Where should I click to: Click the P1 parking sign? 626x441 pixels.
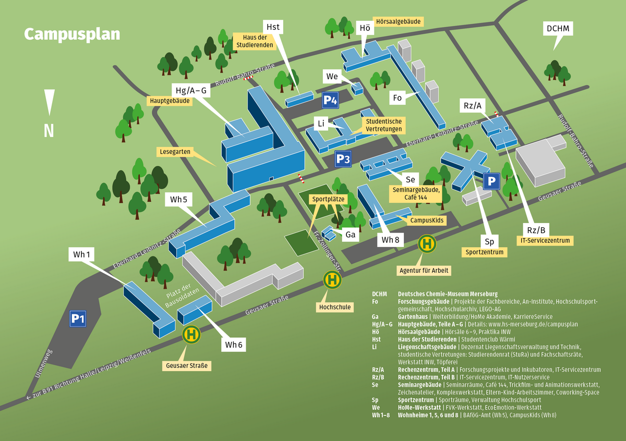point(78,318)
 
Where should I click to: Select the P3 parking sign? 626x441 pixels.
point(343,160)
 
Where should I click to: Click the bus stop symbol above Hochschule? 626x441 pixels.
point(332,280)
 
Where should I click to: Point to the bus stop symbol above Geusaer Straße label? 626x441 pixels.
point(191,334)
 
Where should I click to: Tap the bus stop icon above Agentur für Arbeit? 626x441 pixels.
point(427,243)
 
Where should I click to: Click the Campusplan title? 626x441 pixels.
point(72,34)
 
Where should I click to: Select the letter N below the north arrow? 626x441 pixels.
point(49,130)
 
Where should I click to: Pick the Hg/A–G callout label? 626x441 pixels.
point(191,91)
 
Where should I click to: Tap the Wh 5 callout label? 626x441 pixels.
point(178,199)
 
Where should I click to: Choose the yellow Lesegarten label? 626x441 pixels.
point(174,152)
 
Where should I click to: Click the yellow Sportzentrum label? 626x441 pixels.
point(485,252)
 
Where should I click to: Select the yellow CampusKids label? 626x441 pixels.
point(426,220)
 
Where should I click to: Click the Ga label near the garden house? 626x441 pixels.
point(351,235)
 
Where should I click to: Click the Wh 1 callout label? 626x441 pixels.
point(82,254)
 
